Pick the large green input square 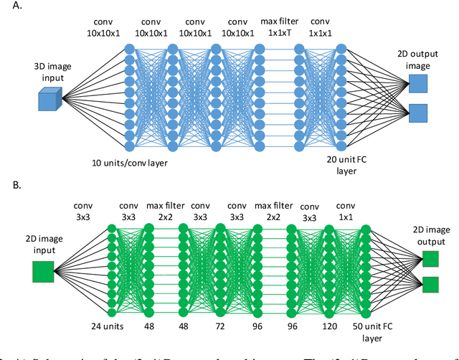[43, 272]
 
